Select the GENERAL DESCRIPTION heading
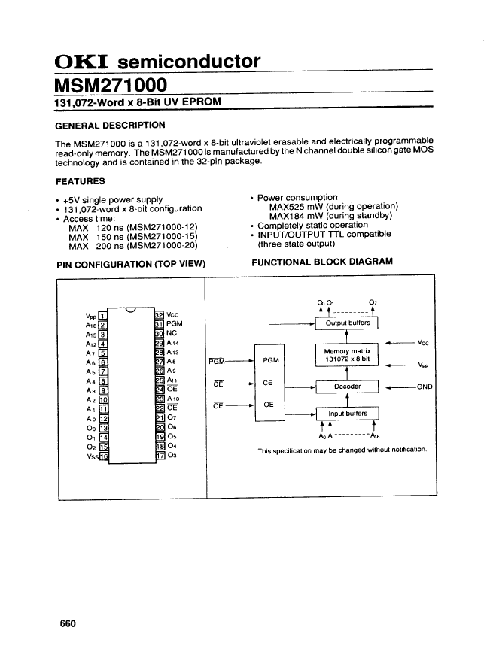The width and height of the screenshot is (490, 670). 110,126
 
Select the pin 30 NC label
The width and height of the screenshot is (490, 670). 172,332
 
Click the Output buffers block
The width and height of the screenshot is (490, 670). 346,324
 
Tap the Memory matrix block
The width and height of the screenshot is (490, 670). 346,356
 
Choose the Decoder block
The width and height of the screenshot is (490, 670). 346,387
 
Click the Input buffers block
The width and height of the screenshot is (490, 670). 346,414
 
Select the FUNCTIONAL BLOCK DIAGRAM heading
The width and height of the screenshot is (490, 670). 322,262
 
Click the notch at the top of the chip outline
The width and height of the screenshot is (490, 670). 132,311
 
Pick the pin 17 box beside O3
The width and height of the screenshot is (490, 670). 159,455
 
